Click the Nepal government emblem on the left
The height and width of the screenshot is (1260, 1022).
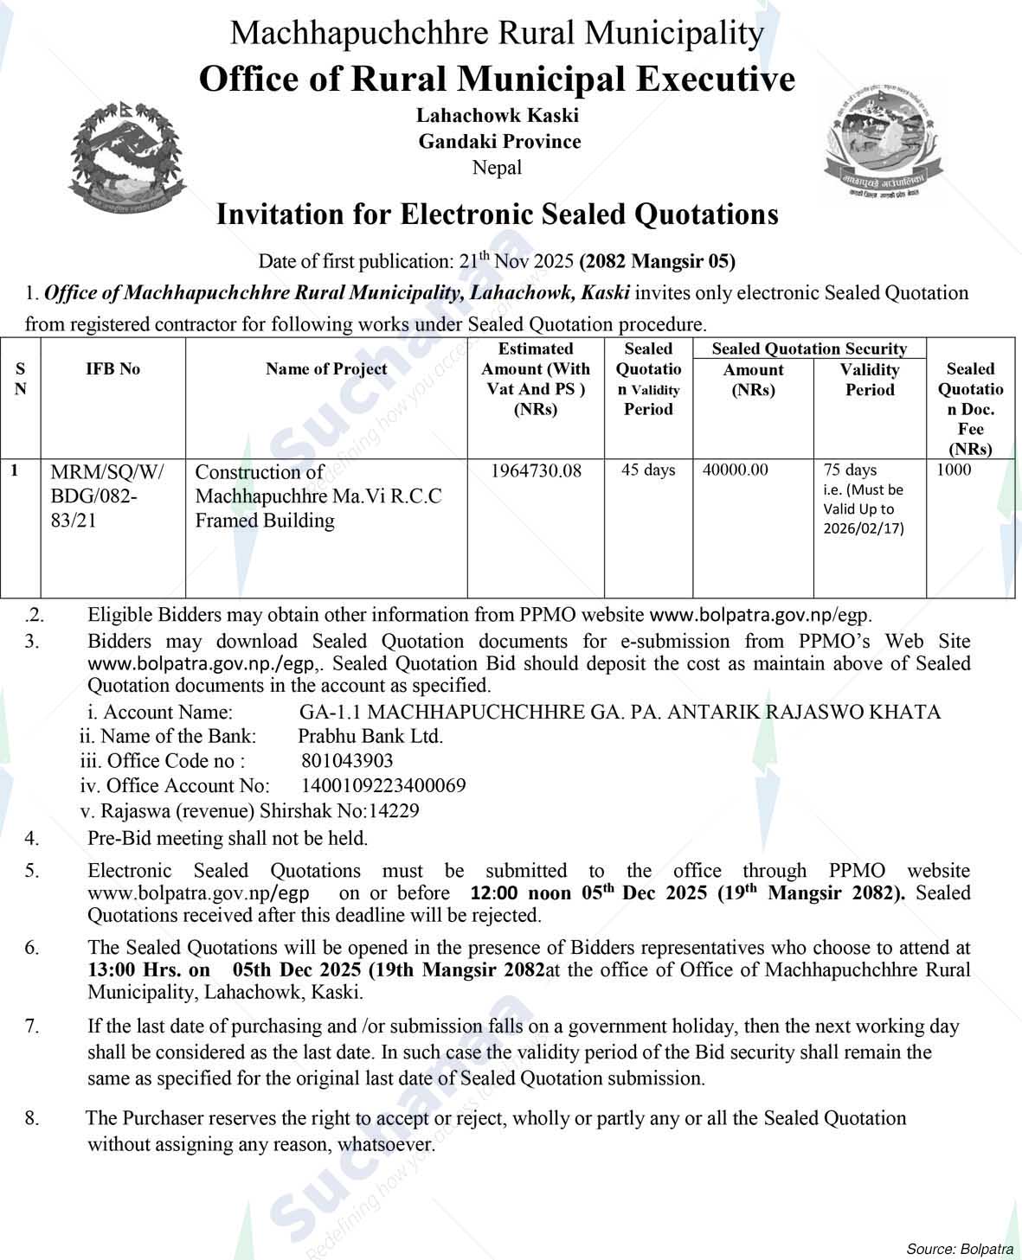[x=126, y=160]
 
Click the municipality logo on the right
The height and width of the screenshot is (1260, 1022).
[x=884, y=141]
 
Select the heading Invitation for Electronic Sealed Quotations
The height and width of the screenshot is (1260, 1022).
[x=497, y=214]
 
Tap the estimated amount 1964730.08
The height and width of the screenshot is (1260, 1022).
[x=536, y=471]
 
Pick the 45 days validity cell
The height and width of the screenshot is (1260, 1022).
[x=648, y=470]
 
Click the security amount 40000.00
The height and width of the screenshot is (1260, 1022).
[x=736, y=470]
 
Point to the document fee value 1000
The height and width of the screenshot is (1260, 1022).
[x=954, y=470]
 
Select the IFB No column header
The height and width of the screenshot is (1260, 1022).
[x=112, y=369]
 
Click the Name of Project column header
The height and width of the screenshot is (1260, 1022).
[x=326, y=369]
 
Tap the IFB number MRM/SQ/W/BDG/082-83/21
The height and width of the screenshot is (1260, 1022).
[x=106, y=497]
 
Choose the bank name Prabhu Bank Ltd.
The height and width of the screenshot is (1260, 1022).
[x=370, y=737]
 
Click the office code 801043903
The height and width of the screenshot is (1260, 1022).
[x=347, y=761]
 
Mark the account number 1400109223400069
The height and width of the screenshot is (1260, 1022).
[x=383, y=786]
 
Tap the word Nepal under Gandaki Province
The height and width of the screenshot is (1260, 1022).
[x=497, y=168]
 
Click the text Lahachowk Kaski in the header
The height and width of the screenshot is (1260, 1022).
[x=497, y=115]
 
